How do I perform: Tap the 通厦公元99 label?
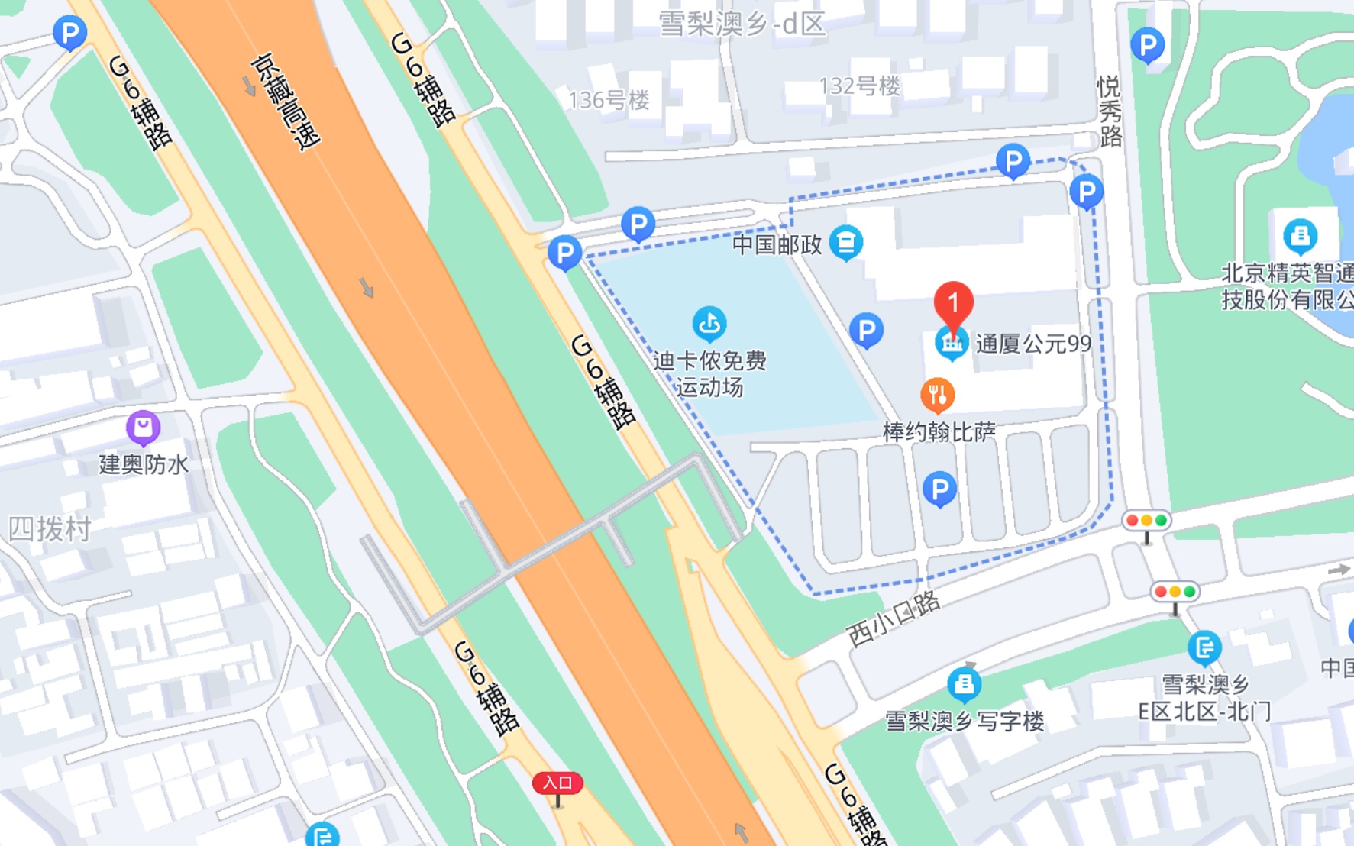pos(1032,344)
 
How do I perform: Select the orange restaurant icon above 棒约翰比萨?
pos(938,395)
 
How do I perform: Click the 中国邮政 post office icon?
pos(845,243)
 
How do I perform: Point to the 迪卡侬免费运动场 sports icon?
pos(709,324)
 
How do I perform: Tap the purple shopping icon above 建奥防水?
pos(143,427)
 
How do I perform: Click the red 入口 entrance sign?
pos(557,783)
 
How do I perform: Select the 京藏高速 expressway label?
pos(286,101)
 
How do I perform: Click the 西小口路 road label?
pos(894,618)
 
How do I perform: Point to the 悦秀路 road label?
pos(1110,111)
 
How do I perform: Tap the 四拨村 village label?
pos(49,528)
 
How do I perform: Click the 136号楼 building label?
pos(609,100)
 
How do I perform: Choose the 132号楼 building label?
pos(859,86)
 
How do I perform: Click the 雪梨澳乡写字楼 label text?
pos(964,721)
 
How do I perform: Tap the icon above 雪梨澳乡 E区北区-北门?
pos(1204,647)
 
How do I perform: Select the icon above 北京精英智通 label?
pos(1300,236)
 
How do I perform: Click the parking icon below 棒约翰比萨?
pos(939,489)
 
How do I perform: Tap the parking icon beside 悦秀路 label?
pos(1146,45)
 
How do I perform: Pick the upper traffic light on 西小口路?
pos(1146,521)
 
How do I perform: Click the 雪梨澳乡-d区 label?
pos(742,24)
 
